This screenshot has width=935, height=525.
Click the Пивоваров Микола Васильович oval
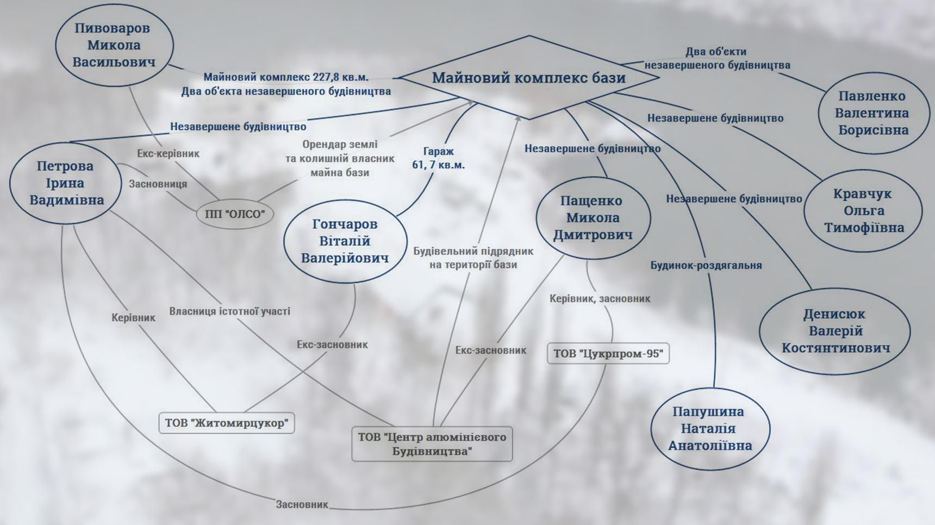pos(114,45)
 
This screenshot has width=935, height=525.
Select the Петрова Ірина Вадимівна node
pos(66,183)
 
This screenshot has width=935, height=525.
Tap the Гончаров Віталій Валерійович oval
pos(345,241)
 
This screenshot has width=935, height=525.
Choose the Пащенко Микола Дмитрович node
pos(593,217)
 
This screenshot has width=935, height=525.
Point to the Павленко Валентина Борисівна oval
pos(873,113)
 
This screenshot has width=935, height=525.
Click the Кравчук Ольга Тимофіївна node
pos(863,210)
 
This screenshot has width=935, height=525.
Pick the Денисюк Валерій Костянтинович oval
pos(835,330)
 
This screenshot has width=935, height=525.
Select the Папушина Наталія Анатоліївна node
pos(710,428)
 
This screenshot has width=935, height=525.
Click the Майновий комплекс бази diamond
pos(529,78)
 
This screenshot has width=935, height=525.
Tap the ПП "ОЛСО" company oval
pos(235,214)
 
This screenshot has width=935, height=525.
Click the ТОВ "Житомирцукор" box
pos(227,423)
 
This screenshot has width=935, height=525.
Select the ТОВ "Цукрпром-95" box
pos(608,354)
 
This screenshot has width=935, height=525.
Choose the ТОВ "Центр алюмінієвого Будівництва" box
pos(432,444)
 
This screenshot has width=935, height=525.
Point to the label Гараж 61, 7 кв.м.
pos(438,158)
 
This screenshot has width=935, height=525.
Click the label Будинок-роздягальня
pos(706,265)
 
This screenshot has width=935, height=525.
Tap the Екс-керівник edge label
pos(168,154)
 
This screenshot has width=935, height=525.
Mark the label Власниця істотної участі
pos(229,311)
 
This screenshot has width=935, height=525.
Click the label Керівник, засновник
pos(600,298)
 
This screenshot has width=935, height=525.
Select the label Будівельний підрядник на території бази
pos(473,258)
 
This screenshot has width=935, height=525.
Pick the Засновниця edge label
pos(158,184)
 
